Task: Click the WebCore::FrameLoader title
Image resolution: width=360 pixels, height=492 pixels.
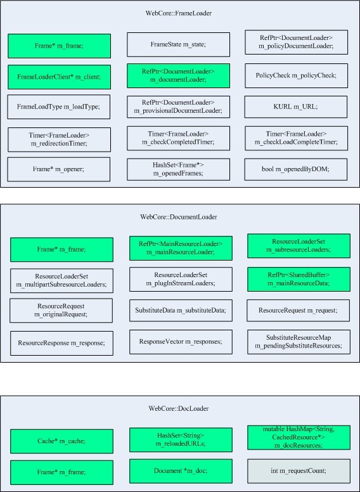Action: coord(180,13)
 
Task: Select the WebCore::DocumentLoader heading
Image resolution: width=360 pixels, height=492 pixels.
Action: coord(179,217)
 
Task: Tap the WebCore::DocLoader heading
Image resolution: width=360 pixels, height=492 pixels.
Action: coord(179,408)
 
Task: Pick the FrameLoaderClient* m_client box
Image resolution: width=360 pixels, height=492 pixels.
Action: coord(60,77)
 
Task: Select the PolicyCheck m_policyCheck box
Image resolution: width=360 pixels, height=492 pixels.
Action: coord(296,76)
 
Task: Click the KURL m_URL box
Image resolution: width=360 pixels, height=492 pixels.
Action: coord(296,107)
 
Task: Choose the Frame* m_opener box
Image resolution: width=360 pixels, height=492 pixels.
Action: coord(60,169)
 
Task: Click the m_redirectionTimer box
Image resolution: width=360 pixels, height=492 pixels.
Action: coord(60,139)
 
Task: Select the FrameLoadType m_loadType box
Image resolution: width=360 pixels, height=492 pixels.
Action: coord(60,107)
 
